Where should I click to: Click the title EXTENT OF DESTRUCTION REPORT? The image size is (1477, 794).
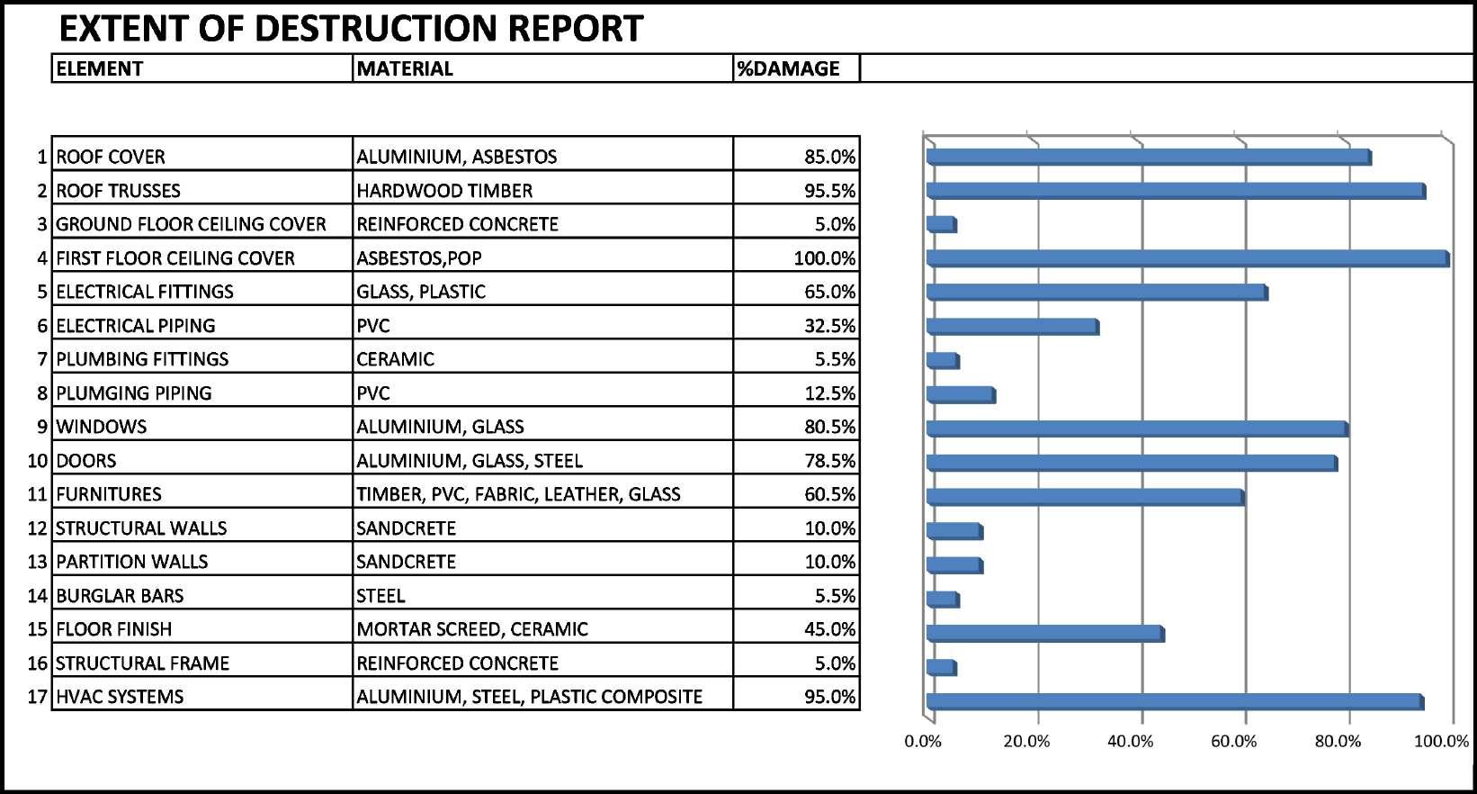point(351,29)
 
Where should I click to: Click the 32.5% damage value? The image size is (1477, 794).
point(829,326)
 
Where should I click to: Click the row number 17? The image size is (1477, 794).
point(38,697)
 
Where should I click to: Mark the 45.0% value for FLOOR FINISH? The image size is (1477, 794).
point(829,629)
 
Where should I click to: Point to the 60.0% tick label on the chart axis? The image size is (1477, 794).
point(1234,742)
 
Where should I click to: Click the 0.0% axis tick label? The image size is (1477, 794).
point(923,742)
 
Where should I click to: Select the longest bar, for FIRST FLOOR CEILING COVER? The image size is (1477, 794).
point(1187,258)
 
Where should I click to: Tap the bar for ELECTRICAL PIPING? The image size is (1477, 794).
point(1012,327)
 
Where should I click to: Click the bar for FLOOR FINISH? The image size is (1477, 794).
point(1045,634)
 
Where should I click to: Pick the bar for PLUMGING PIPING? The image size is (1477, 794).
point(961,394)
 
